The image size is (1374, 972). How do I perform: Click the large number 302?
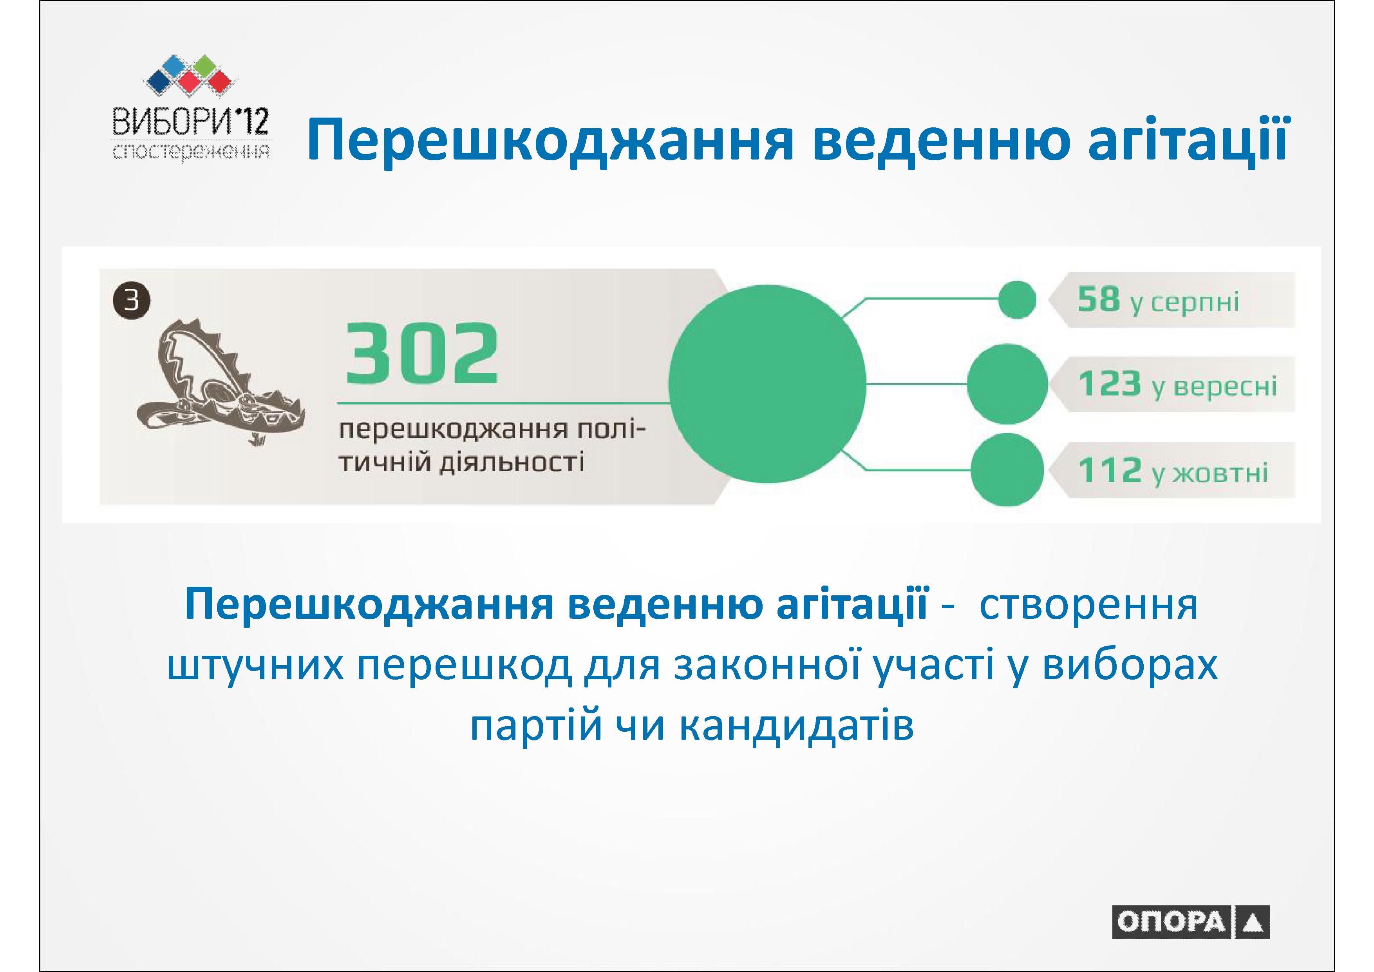coord(422,354)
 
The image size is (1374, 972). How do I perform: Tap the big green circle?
coord(767,384)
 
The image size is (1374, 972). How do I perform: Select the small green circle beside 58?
coord(1017,299)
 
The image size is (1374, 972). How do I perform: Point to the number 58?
coord(1098,299)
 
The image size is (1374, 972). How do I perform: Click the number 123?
coord(1109,384)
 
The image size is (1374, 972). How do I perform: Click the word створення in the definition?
coord(1088,605)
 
